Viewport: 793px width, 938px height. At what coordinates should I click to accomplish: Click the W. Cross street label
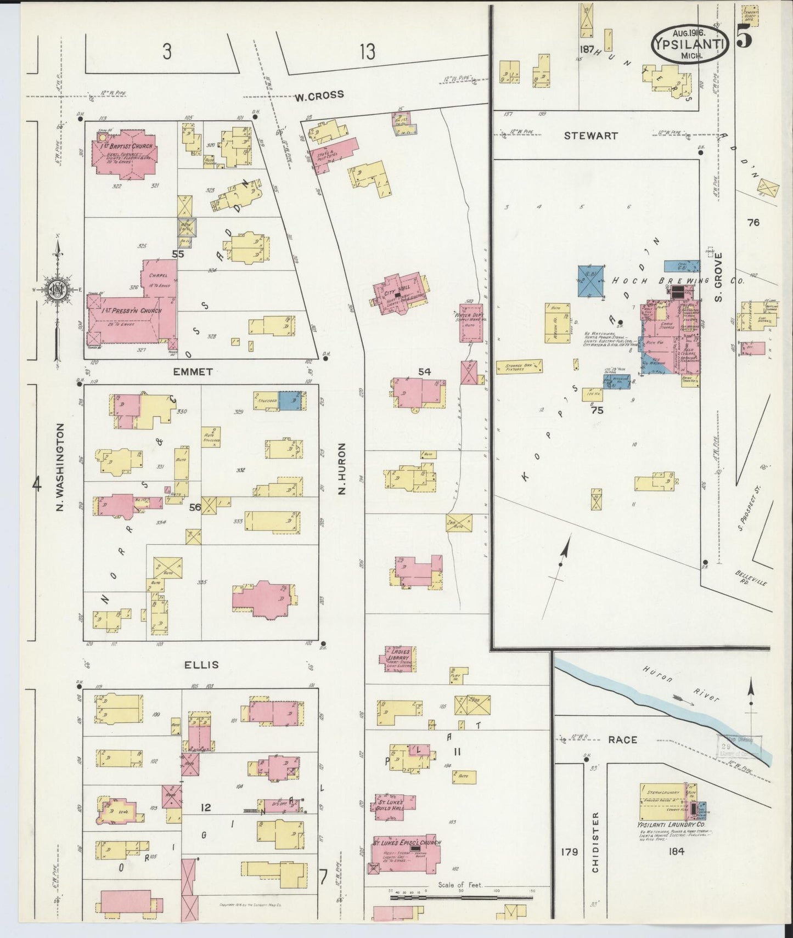[319, 95]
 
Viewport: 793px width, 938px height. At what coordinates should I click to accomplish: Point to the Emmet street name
[193, 372]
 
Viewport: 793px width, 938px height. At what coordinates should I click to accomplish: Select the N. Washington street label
[60, 467]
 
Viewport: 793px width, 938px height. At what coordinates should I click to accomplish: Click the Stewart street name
[591, 135]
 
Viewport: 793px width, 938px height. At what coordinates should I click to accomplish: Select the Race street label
[622, 740]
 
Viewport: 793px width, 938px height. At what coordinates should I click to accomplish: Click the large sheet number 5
[744, 39]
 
